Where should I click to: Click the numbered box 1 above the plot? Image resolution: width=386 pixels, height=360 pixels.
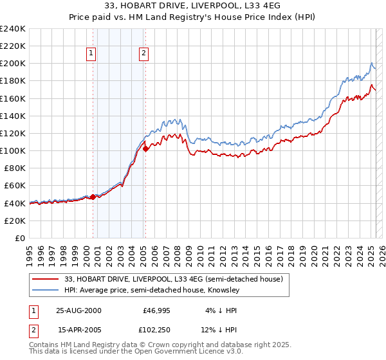point(91,53)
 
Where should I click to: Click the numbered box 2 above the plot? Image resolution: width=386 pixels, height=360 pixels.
point(143,53)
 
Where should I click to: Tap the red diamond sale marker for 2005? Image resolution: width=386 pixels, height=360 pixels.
point(145,148)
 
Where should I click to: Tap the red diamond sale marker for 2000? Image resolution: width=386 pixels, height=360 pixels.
point(93,197)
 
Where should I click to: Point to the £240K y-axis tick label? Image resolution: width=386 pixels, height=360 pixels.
point(12,29)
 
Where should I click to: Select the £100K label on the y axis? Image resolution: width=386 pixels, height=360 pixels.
point(12,150)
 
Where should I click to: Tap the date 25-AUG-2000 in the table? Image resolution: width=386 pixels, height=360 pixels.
point(79,310)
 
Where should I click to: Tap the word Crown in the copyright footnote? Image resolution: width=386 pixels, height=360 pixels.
point(147,345)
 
